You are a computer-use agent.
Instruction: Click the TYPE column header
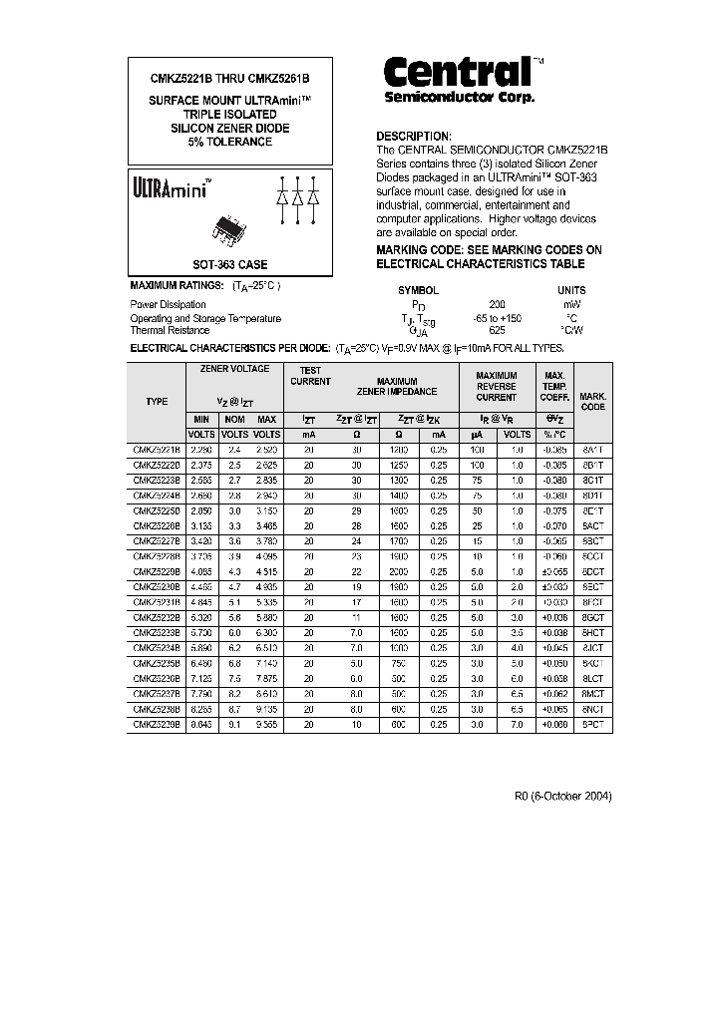click(x=157, y=401)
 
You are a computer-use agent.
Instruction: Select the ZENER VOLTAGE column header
click(x=234, y=369)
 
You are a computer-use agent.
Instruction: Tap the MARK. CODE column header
click(x=592, y=401)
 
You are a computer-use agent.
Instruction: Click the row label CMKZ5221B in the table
click(x=157, y=450)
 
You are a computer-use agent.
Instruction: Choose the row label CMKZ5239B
click(x=157, y=725)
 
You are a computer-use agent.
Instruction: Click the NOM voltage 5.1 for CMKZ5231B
click(x=234, y=602)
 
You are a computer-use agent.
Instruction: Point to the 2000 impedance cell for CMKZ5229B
click(x=398, y=571)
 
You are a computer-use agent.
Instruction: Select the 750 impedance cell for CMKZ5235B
click(x=398, y=664)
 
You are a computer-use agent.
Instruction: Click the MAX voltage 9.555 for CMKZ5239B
click(x=266, y=725)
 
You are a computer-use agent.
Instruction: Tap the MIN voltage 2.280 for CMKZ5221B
click(x=203, y=450)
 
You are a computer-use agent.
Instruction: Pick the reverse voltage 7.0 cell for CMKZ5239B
click(x=517, y=725)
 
